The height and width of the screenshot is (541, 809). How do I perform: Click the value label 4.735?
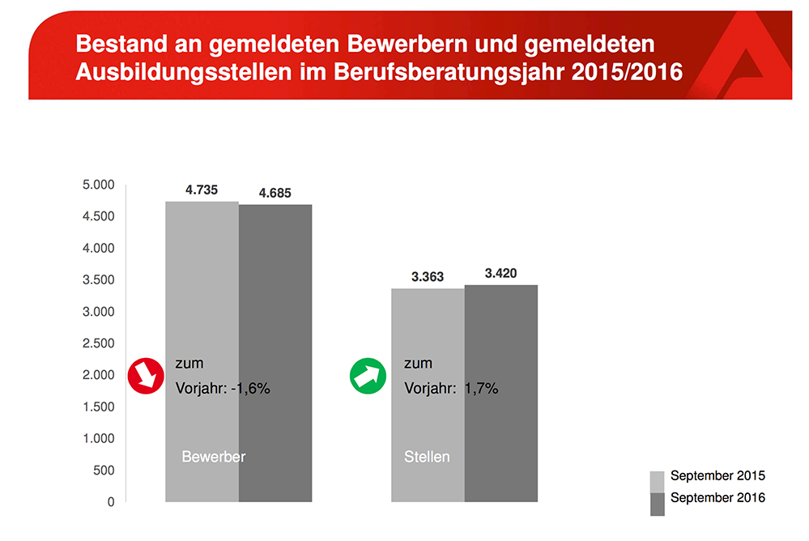(202, 190)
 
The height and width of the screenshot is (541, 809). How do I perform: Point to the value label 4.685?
(275, 194)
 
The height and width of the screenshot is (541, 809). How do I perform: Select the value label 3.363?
(428, 277)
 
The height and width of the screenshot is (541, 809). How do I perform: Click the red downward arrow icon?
(146, 377)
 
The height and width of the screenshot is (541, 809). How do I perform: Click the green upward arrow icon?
(367, 377)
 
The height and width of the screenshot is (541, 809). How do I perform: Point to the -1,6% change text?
(250, 389)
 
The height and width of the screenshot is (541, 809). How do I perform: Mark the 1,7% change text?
(481, 389)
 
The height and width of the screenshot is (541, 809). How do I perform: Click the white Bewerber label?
(213, 457)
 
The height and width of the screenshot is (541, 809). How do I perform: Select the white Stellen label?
(427, 457)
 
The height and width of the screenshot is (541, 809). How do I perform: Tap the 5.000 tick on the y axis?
(99, 185)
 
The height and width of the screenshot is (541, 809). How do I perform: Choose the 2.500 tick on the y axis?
(99, 343)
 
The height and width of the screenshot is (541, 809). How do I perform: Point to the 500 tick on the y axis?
(104, 471)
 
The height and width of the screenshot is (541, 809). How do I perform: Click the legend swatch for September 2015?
(657, 480)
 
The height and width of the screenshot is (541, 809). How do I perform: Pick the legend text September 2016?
(717, 497)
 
